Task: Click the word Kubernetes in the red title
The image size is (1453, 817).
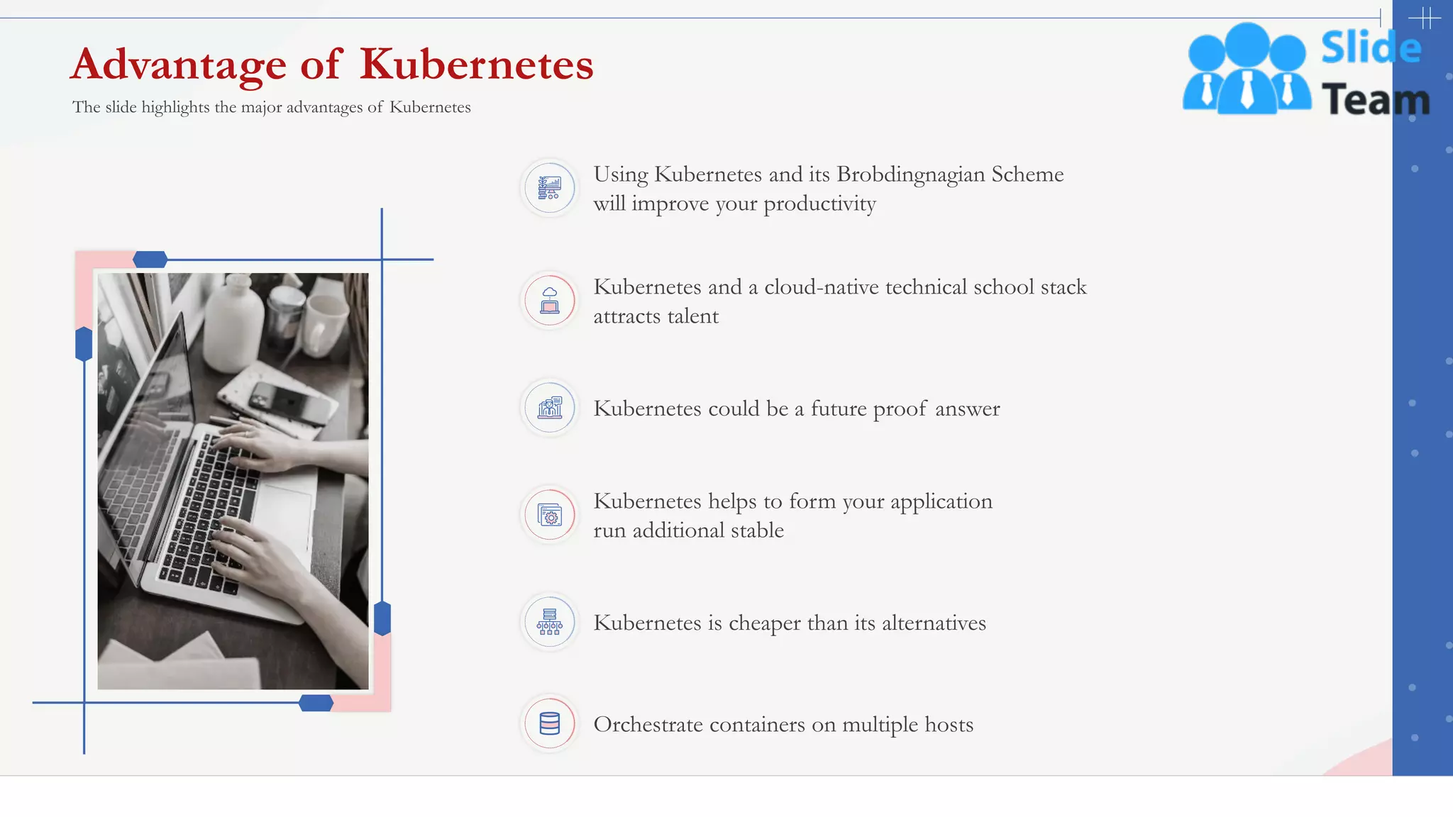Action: (x=476, y=65)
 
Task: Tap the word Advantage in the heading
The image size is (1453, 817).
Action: (x=178, y=65)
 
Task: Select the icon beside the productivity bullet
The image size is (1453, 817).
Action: (x=550, y=188)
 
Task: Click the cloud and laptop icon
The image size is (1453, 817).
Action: (x=550, y=301)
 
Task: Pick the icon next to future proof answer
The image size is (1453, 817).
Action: (x=550, y=408)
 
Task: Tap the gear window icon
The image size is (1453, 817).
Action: (x=550, y=515)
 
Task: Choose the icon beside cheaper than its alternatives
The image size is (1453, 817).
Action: (x=550, y=622)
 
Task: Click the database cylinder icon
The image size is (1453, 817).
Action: (x=550, y=723)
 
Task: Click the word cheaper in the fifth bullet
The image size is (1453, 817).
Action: (x=765, y=623)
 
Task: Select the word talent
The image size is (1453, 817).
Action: (x=692, y=316)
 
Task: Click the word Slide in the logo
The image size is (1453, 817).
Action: (x=1371, y=48)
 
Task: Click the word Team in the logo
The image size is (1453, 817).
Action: (x=1375, y=99)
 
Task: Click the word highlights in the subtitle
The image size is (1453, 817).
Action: (x=175, y=107)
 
